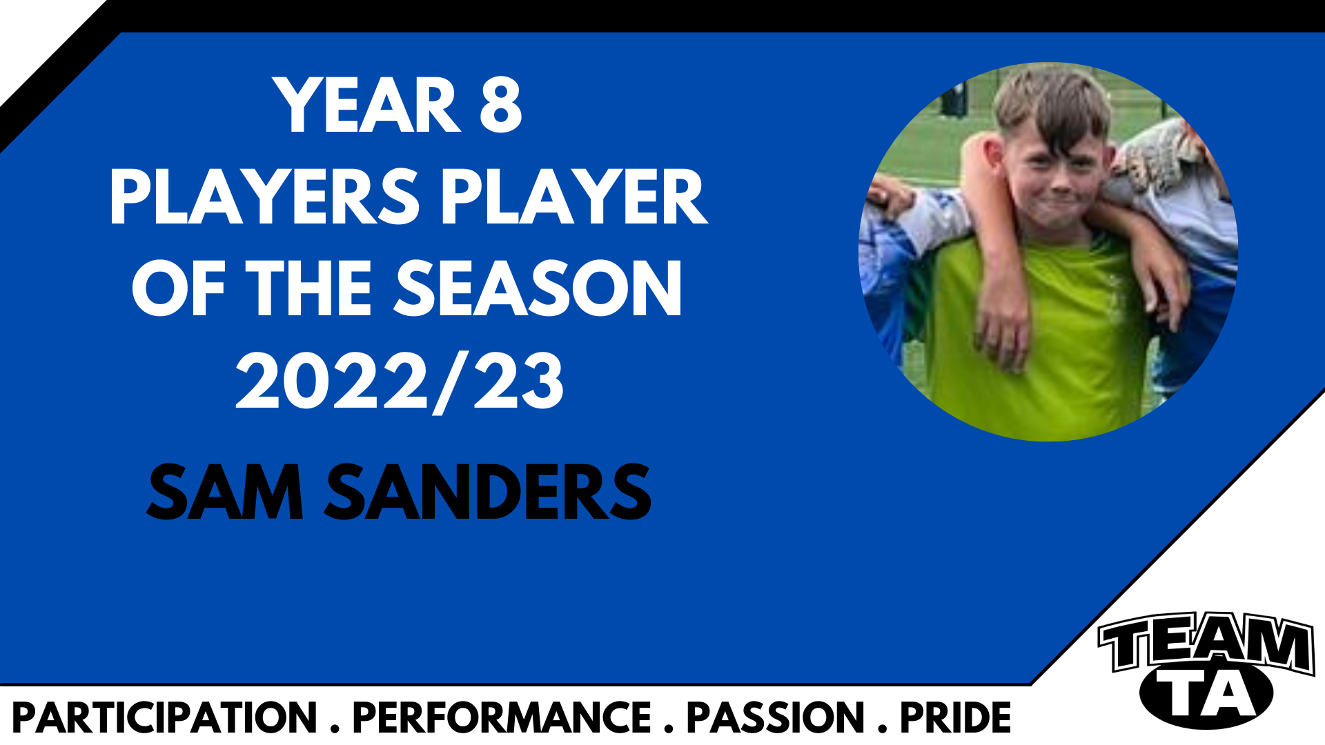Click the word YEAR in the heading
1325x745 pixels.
366,105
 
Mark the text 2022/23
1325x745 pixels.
400,381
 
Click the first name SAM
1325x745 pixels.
225,492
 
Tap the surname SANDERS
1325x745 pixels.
488,492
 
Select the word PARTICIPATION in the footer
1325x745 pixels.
164,718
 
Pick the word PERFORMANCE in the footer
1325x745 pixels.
502,718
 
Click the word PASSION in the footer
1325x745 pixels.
775,718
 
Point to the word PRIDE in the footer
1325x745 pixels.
955,718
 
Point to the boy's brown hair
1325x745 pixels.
1052,103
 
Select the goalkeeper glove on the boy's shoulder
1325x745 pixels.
1152,155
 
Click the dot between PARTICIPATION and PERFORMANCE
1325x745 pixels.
335,729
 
